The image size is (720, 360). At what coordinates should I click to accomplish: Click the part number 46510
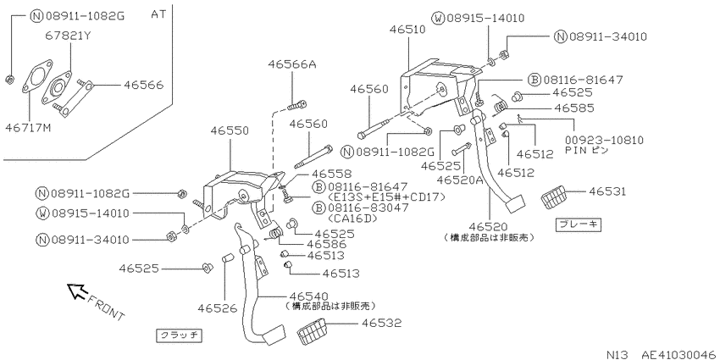pyautogui.click(x=407, y=30)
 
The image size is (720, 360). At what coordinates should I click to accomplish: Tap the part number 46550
pyautogui.click(x=230, y=130)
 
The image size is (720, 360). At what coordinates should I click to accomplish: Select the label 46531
pyautogui.click(x=607, y=191)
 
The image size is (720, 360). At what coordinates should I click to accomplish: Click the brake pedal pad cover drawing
pyautogui.click(x=560, y=198)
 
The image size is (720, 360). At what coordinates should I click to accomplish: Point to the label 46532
pyautogui.click(x=381, y=324)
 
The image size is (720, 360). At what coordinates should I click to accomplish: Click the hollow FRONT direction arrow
pyautogui.click(x=77, y=291)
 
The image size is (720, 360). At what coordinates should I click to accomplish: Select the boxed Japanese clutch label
pyautogui.click(x=179, y=335)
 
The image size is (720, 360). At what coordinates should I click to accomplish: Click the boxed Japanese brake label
pyautogui.click(x=579, y=224)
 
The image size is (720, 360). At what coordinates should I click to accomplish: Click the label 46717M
pyautogui.click(x=29, y=127)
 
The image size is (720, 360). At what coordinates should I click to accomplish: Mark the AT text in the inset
pyautogui.click(x=158, y=14)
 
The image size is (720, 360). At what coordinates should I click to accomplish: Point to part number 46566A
pyautogui.click(x=292, y=64)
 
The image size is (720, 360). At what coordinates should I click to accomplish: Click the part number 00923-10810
pyautogui.click(x=604, y=140)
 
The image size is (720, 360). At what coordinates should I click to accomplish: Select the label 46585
pyautogui.click(x=574, y=108)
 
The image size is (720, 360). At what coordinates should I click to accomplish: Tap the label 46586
pyautogui.click(x=327, y=244)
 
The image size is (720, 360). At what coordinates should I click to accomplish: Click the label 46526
pyautogui.click(x=218, y=308)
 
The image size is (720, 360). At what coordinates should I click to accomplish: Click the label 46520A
pyautogui.click(x=460, y=180)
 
